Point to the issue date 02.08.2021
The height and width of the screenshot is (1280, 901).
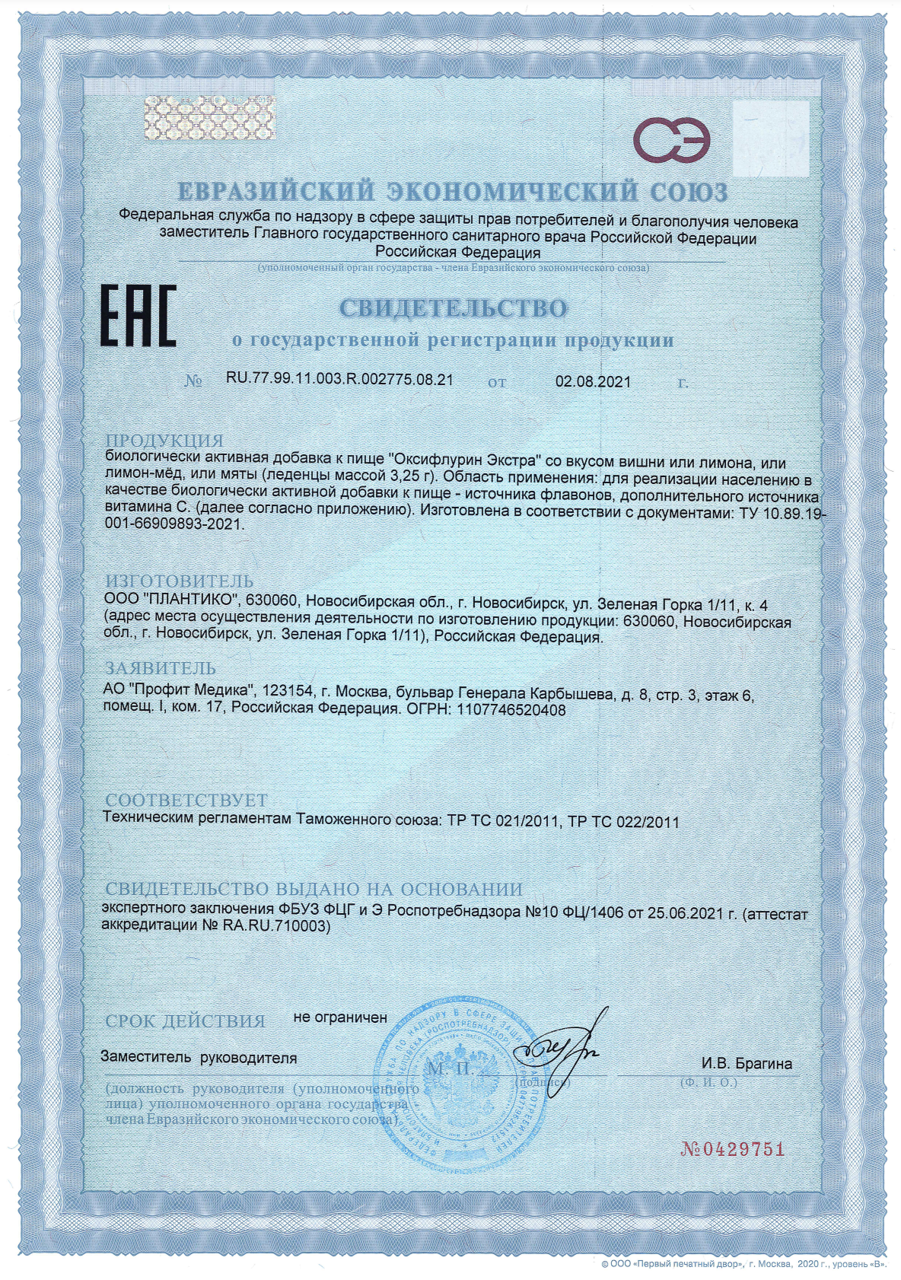click(x=593, y=381)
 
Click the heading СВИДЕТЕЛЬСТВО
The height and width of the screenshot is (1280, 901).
click(x=453, y=308)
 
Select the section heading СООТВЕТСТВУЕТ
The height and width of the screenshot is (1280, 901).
click(x=186, y=800)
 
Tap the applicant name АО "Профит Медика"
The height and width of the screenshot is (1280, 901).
click(x=178, y=694)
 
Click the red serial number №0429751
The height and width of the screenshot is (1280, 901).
click(x=732, y=1149)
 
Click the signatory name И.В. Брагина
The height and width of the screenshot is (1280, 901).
click(x=747, y=1064)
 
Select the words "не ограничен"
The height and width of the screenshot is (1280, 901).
click(x=340, y=1017)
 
